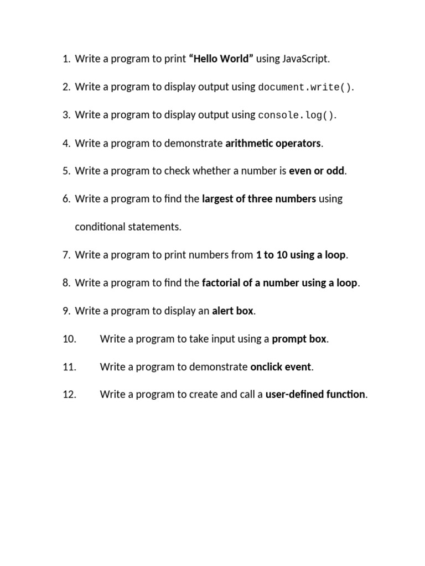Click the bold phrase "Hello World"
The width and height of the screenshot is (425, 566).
(221, 59)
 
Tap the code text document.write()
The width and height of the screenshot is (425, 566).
(305, 87)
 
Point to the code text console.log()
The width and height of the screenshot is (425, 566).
(297, 116)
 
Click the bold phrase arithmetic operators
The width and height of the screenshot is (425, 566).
(273, 143)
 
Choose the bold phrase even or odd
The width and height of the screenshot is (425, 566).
(317, 171)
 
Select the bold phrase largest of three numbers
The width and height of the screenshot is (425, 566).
(259, 199)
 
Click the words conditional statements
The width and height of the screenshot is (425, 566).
(128, 227)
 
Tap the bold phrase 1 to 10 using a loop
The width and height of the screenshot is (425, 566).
(300, 255)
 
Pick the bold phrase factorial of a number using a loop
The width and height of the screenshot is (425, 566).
(279, 283)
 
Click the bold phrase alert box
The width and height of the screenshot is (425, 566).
(232, 311)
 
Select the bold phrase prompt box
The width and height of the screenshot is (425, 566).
(299, 339)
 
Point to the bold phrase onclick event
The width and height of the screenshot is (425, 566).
(281, 366)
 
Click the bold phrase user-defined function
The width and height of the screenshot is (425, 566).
(315, 395)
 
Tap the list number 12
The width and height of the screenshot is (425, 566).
(69, 395)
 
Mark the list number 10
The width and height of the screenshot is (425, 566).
(69, 339)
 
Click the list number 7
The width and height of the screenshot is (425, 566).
(66, 255)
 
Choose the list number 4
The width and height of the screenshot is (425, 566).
(66, 143)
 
